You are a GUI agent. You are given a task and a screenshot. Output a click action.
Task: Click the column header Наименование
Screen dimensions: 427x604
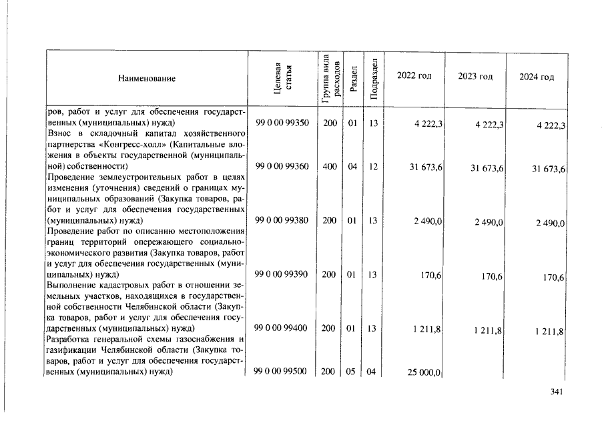pyautogui.click(x=147, y=79)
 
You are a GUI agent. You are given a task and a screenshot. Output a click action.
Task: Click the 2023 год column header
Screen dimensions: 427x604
pyautogui.click(x=475, y=76)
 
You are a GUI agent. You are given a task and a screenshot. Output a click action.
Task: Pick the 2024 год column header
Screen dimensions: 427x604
pyautogui.click(x=537, y=77)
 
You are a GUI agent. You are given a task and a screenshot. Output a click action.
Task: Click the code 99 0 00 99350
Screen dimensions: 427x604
pyautogui.click(x=282, y=123)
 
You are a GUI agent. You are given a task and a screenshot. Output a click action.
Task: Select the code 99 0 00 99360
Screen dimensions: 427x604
pyautogui.click(x=282, y=166)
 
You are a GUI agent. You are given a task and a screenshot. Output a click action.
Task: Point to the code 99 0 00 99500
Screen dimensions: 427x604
pyautogui.click(x=282, y=372)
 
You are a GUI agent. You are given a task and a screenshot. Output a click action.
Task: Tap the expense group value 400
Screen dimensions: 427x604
pyautogui.click(x=329, y=166)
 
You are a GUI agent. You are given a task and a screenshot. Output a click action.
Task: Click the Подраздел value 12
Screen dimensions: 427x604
pyautogui.click(x=373, y=166)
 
